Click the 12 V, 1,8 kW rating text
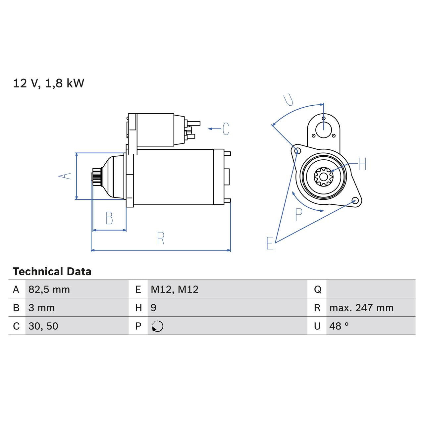click(48, 83)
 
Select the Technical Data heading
click(52, 272)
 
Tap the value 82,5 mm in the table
click(49, 290)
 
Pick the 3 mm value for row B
click(41, 308)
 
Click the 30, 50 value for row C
click(43, 326)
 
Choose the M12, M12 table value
click(174, 290)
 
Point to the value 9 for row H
click(153, 308)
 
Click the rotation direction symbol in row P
click(158, 326)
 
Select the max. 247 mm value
click(361, 308)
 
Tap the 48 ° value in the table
click(339, 326)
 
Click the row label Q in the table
click(317, 290)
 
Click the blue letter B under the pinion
click(109, 218)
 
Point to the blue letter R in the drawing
click(161, 238)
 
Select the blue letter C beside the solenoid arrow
click(226, 129)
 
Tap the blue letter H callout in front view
click(362, 164)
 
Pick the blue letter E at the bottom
click(270, 243)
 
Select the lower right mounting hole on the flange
click(355, 201)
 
